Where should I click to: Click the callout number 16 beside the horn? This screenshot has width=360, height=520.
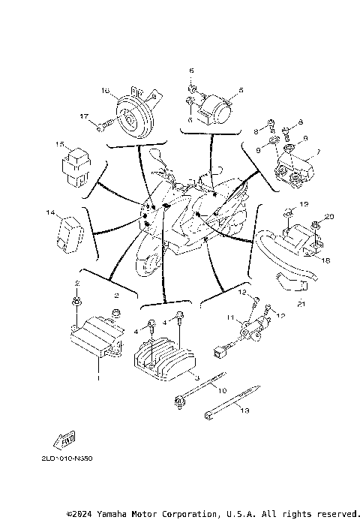coord(106,91)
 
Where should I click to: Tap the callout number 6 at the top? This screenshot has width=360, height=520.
coord(190,70)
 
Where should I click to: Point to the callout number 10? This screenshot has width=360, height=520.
coord(221,389)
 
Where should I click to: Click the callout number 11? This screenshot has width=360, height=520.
coord(231,317)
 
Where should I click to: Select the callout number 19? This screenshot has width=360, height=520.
coord(304,204)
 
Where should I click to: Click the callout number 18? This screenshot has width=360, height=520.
coord(325,260)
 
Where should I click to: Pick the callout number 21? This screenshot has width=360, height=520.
coord(301,304)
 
